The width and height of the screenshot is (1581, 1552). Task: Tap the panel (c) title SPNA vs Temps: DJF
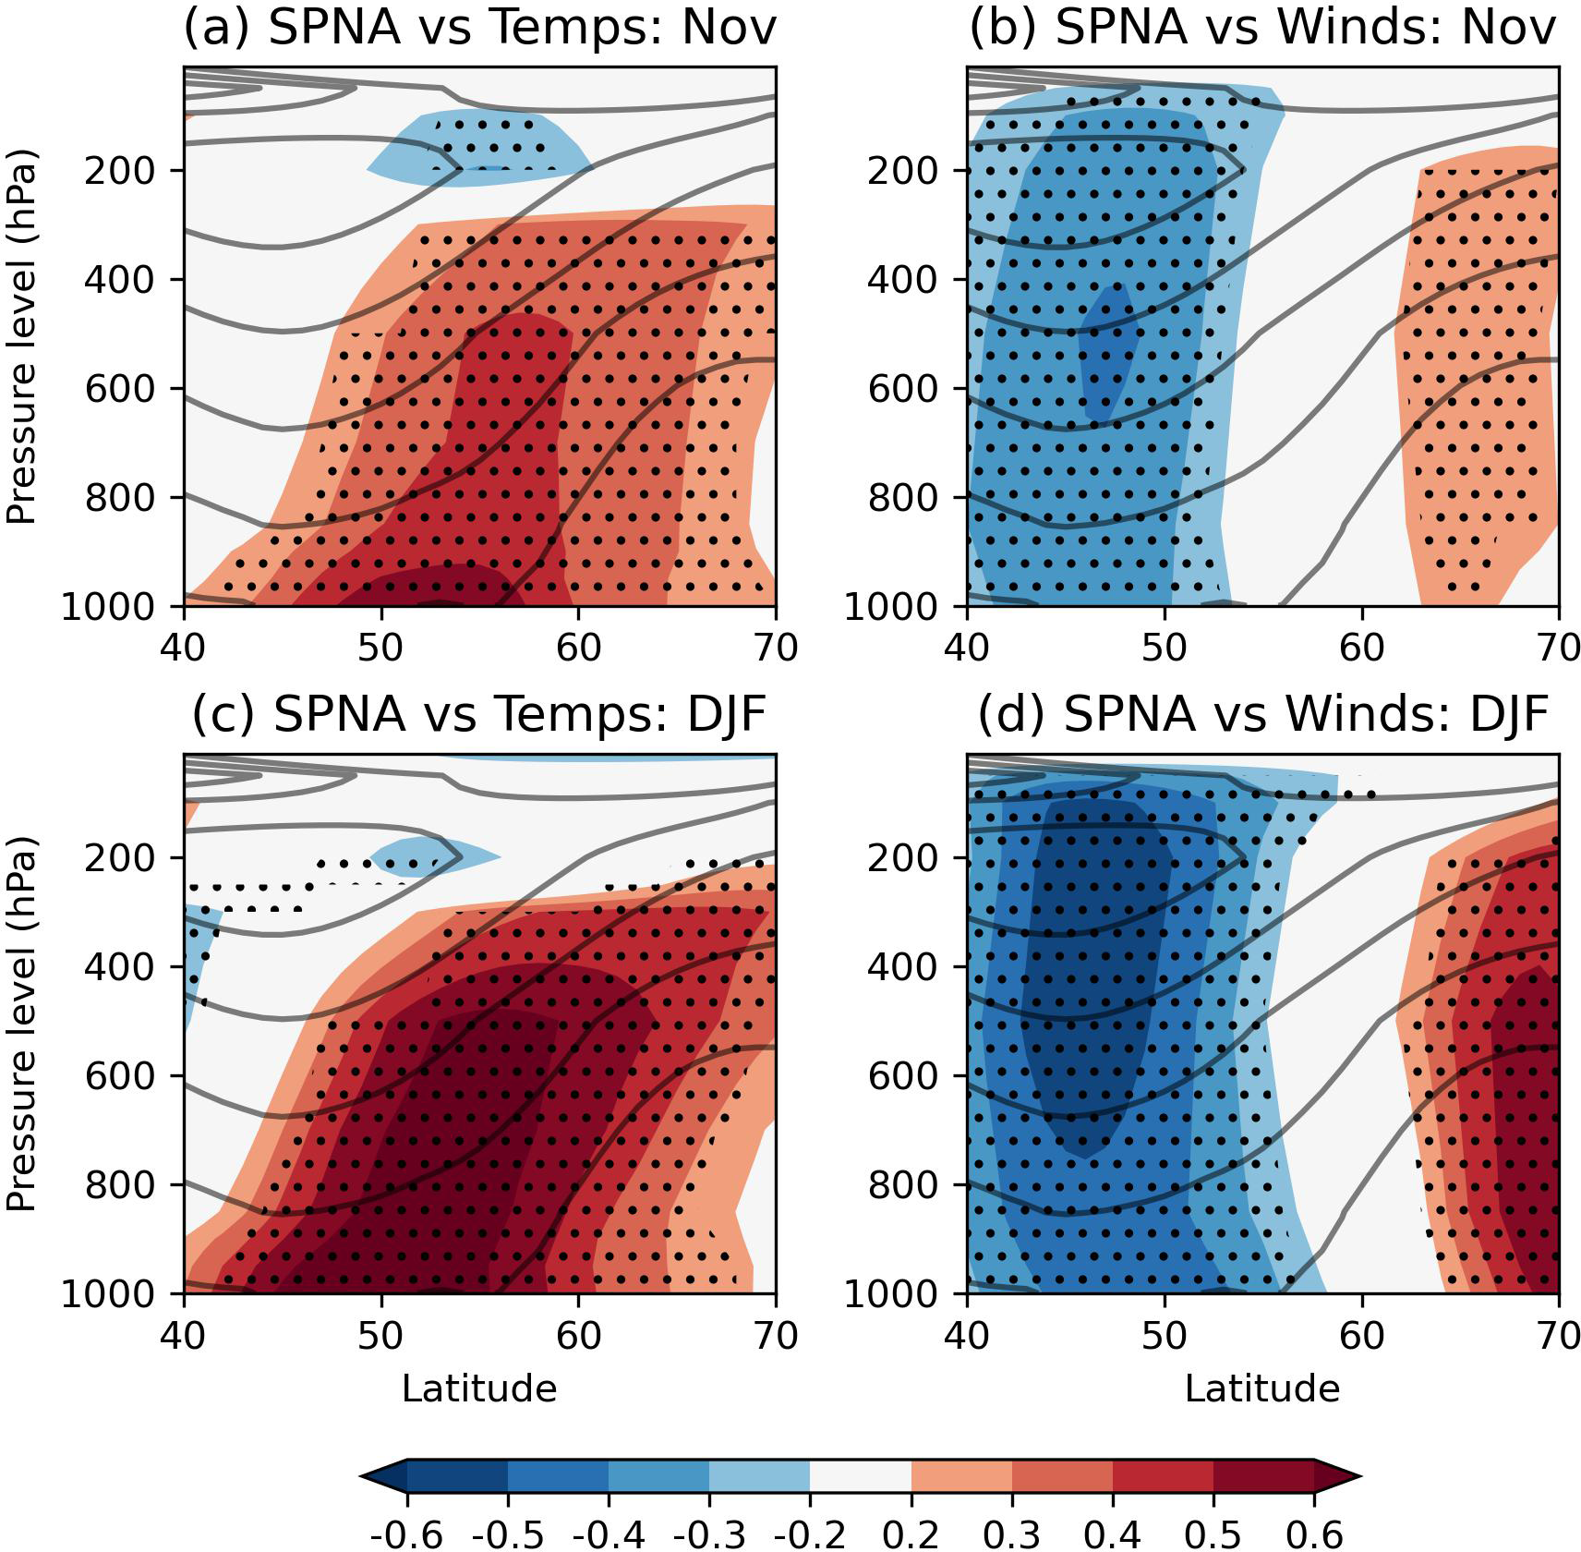479,714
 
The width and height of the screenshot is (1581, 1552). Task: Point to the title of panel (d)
1262,714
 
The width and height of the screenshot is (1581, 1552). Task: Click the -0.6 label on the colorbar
406,1534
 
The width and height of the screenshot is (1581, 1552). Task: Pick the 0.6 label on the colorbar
1314,1534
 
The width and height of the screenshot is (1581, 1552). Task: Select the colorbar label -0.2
810,1534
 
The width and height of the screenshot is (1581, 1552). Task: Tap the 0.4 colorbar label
1112,1534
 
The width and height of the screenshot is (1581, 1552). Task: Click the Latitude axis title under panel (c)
479,1388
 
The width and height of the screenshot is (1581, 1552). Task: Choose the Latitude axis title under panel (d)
1262,1388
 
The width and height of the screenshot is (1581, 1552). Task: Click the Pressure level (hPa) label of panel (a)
20,336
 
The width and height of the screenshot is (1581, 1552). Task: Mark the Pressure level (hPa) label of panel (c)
20,1024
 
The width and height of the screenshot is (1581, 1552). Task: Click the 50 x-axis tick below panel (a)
380,648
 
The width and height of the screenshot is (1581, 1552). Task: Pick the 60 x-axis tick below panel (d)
1361,1335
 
